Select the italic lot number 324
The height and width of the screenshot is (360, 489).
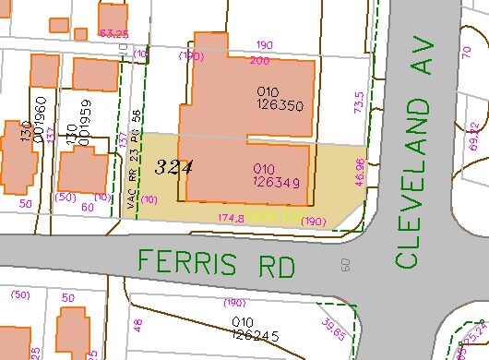tap(173, 168)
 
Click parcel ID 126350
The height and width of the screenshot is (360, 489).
tap(278, 105)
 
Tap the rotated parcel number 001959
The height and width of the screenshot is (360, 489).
tap(84, 121)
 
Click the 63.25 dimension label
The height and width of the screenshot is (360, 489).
tap(113, 34)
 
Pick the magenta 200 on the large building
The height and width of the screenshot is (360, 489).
tap(260, 61)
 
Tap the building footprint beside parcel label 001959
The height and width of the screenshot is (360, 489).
tap(83, 172)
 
